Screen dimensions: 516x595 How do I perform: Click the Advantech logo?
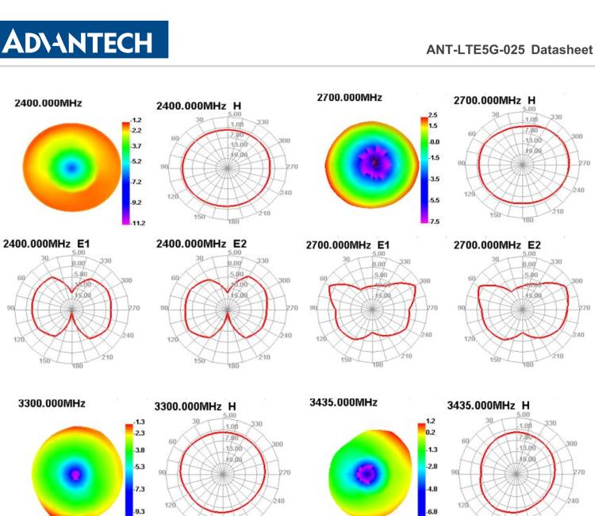coord(84,39)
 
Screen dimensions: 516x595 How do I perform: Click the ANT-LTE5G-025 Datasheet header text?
coord(509,49)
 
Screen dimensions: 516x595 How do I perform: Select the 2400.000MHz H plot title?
coord(198,106)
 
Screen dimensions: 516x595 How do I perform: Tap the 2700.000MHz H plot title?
coord(494,101)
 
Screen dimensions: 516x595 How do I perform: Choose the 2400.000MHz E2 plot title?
coord(202,243)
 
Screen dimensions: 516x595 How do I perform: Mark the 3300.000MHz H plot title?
coord(195,406)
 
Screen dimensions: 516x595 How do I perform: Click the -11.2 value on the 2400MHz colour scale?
coord(137,223)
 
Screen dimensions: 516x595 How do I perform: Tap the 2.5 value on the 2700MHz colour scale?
coord(432,116)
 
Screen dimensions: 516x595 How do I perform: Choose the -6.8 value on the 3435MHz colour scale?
coord(432,511)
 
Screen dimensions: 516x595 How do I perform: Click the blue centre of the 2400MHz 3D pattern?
coord(71,168)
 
